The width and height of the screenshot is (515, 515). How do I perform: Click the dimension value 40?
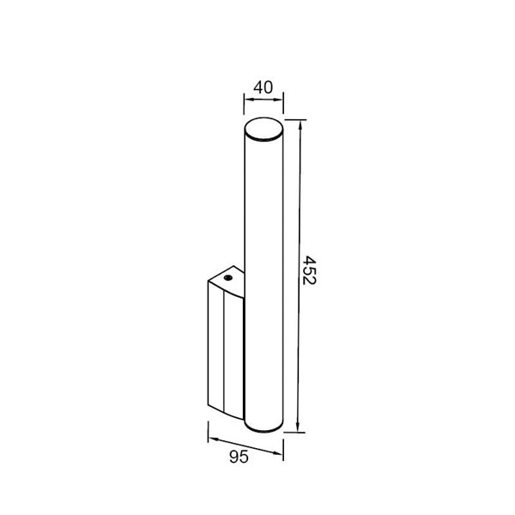[x=264, y=88]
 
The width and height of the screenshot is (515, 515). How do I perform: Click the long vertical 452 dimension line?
[x=298, y=275]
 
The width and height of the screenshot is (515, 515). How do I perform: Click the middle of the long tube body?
[x=264, y=275]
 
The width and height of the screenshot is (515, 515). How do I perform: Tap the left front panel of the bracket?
[x=215, y=348]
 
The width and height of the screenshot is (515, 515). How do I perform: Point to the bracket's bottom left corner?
[x=209, y=409]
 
